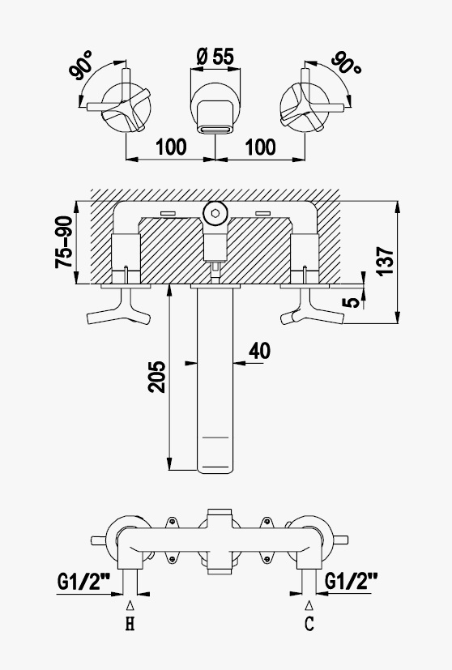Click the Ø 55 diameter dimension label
coord(215,57)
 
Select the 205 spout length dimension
coord(157,377)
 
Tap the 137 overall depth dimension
coord(386,261)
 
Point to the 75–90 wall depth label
coord(64,242)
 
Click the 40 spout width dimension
coord(260,351)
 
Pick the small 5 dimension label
coord(352,301)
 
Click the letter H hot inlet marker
coord(130,625)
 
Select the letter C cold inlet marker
coord(309,624)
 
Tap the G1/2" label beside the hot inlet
coord(83,582)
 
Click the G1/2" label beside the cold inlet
coord(352,581)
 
